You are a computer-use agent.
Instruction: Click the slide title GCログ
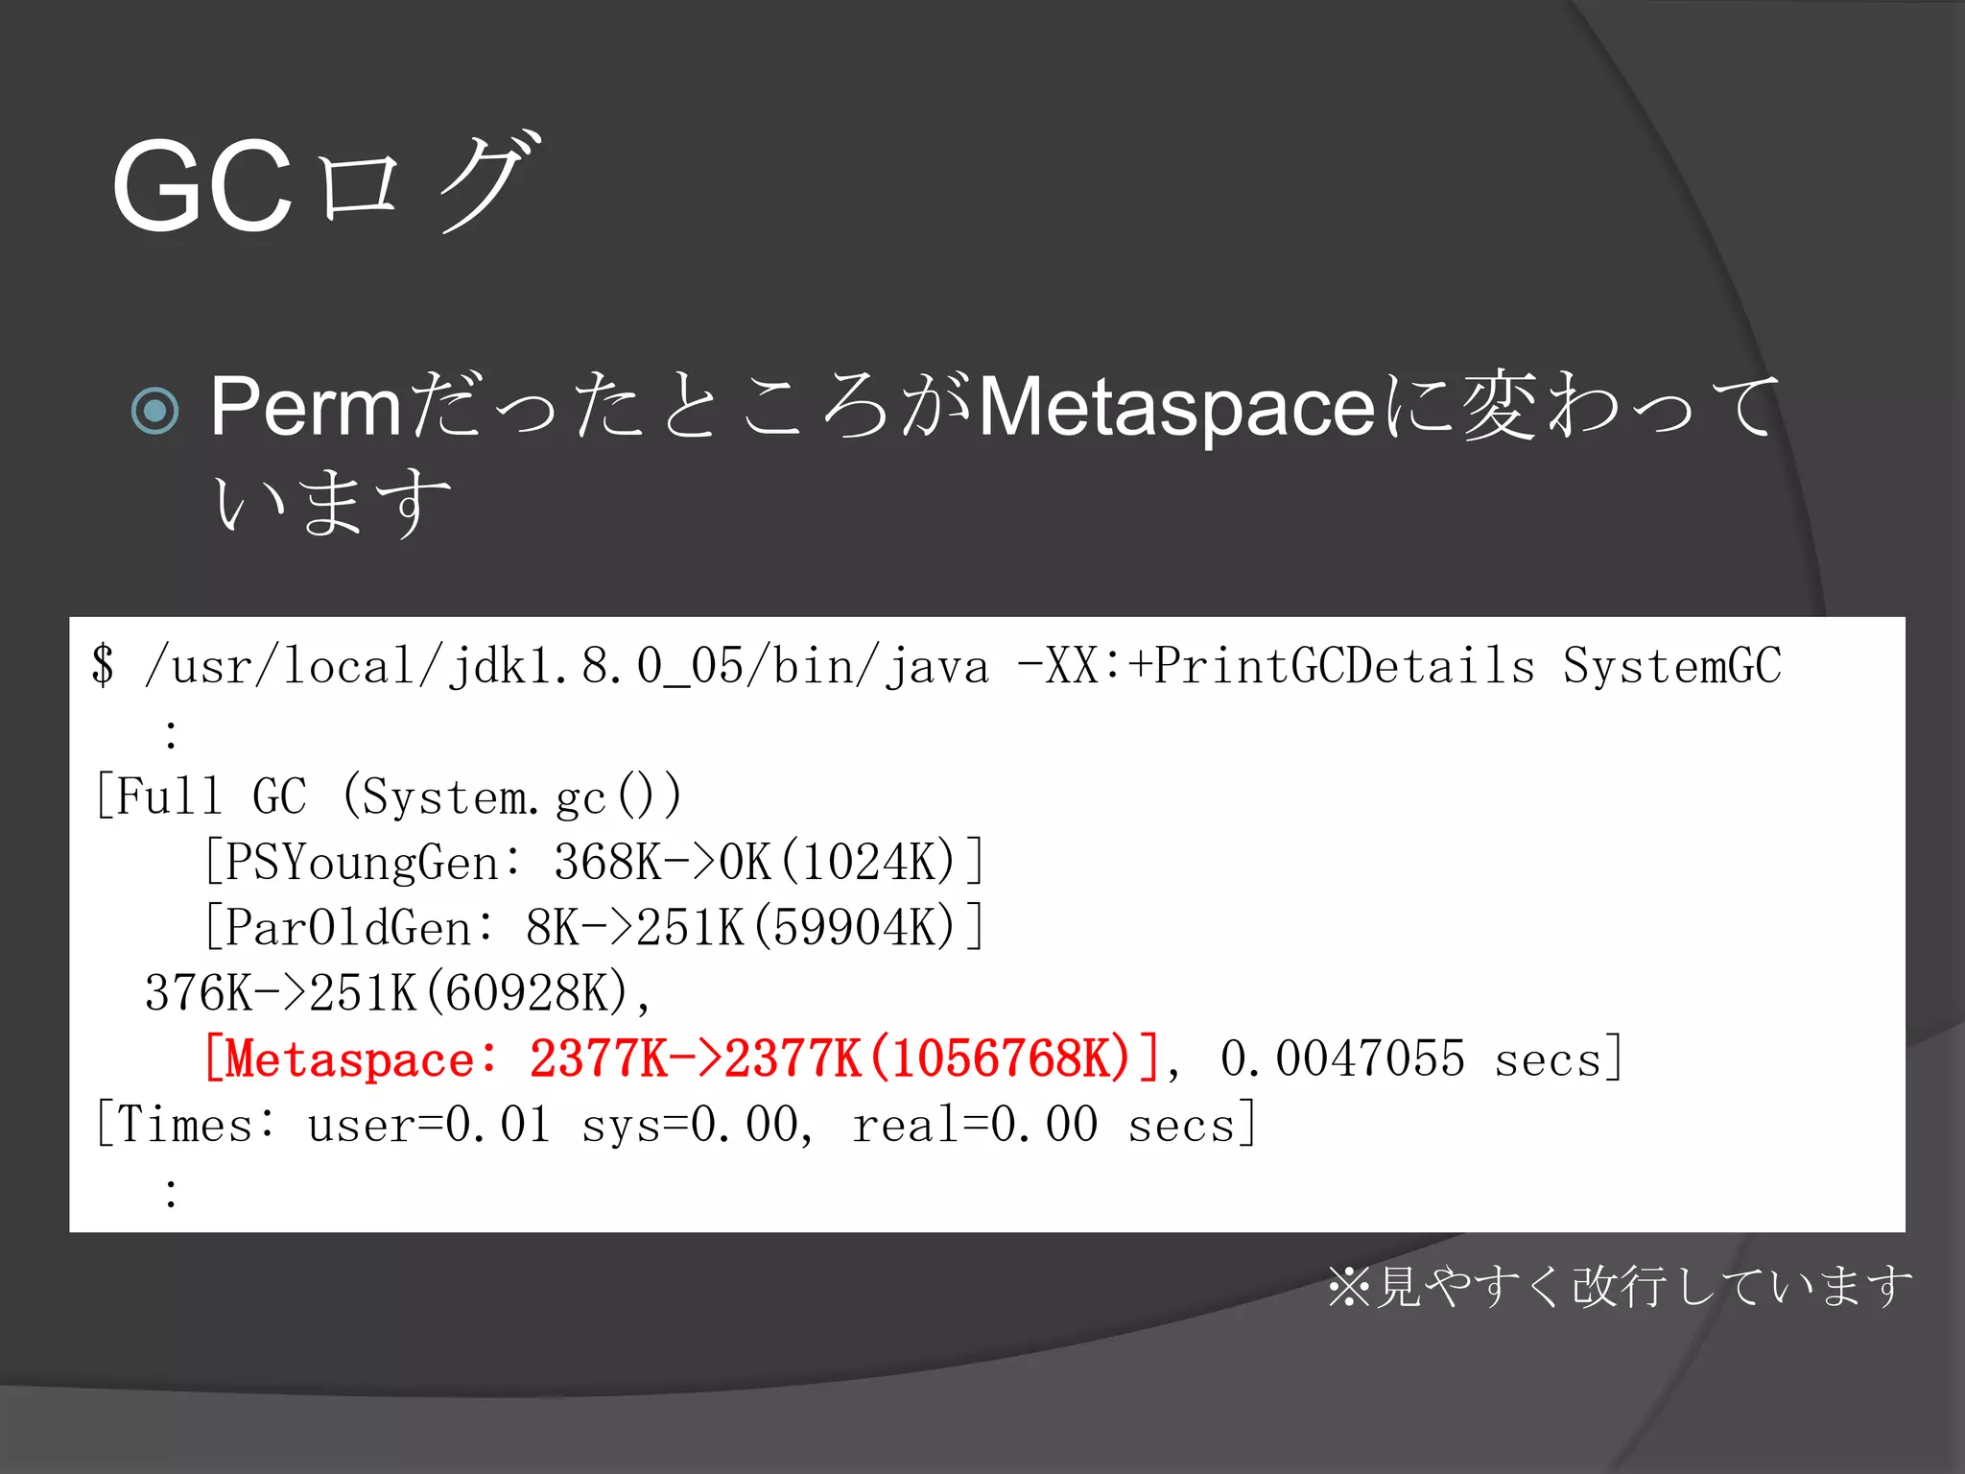tap(326, 184)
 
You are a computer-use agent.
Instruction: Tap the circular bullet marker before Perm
tap(154, 411)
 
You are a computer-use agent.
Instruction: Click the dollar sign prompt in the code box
tap(103, 666)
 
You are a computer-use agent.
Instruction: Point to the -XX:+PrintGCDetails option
tap(1276, 666)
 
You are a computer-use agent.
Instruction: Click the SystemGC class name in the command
tap(1671, 666)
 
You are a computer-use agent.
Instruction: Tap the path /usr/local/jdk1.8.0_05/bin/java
tap(566, 666)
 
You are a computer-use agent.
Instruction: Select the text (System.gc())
tap(512, 796)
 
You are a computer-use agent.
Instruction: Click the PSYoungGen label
tap(361, 862)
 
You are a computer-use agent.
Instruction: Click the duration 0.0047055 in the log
tap(1342, 1059)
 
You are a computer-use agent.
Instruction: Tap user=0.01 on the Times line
tap(429, 1125)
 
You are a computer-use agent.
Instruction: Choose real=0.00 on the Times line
tap(974, 1125)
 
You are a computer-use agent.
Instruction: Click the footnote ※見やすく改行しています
tap(1620, 1286)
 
